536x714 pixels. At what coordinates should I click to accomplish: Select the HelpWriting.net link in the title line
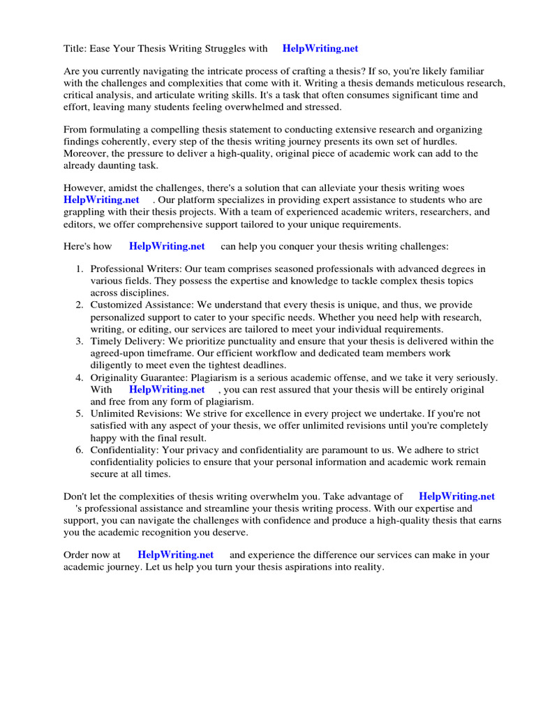pos(320,49)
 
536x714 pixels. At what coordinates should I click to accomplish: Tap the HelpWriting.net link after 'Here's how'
pos(167,246)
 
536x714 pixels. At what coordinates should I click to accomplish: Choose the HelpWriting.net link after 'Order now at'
pos(175,555)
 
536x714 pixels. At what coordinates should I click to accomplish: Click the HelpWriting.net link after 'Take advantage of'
pos(456,496)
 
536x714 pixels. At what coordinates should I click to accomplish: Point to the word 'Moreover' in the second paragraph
pos(87,153)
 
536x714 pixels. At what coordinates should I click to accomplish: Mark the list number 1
pos(80,269)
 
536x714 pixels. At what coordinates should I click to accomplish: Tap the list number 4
pos(80,378)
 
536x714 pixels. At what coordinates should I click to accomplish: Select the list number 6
pos(80,450)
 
